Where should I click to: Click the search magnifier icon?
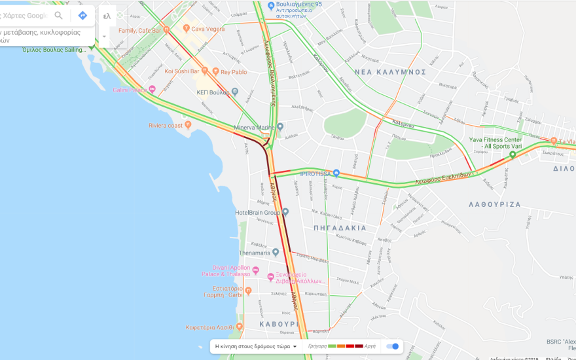pos(59,16)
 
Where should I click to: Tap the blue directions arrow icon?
pos(82,16)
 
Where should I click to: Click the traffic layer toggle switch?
pos(393,346)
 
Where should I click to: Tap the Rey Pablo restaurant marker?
pos(215,72)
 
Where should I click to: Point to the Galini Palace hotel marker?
pos(152,90)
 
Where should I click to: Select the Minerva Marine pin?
pos(280,126)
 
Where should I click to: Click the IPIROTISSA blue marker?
pos(336,173)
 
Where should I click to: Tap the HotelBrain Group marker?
pos(285,212)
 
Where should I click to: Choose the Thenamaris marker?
pos(276,252)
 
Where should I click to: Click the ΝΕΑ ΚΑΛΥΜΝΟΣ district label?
pos(389,72)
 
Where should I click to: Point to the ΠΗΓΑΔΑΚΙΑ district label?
pos(340,228)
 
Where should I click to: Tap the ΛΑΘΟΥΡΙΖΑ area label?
pos(495,204)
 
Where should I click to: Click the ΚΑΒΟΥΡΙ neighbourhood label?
pos(279,324)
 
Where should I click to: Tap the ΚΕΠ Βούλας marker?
pos(234,92)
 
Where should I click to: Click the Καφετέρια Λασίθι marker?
pos(240,326)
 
